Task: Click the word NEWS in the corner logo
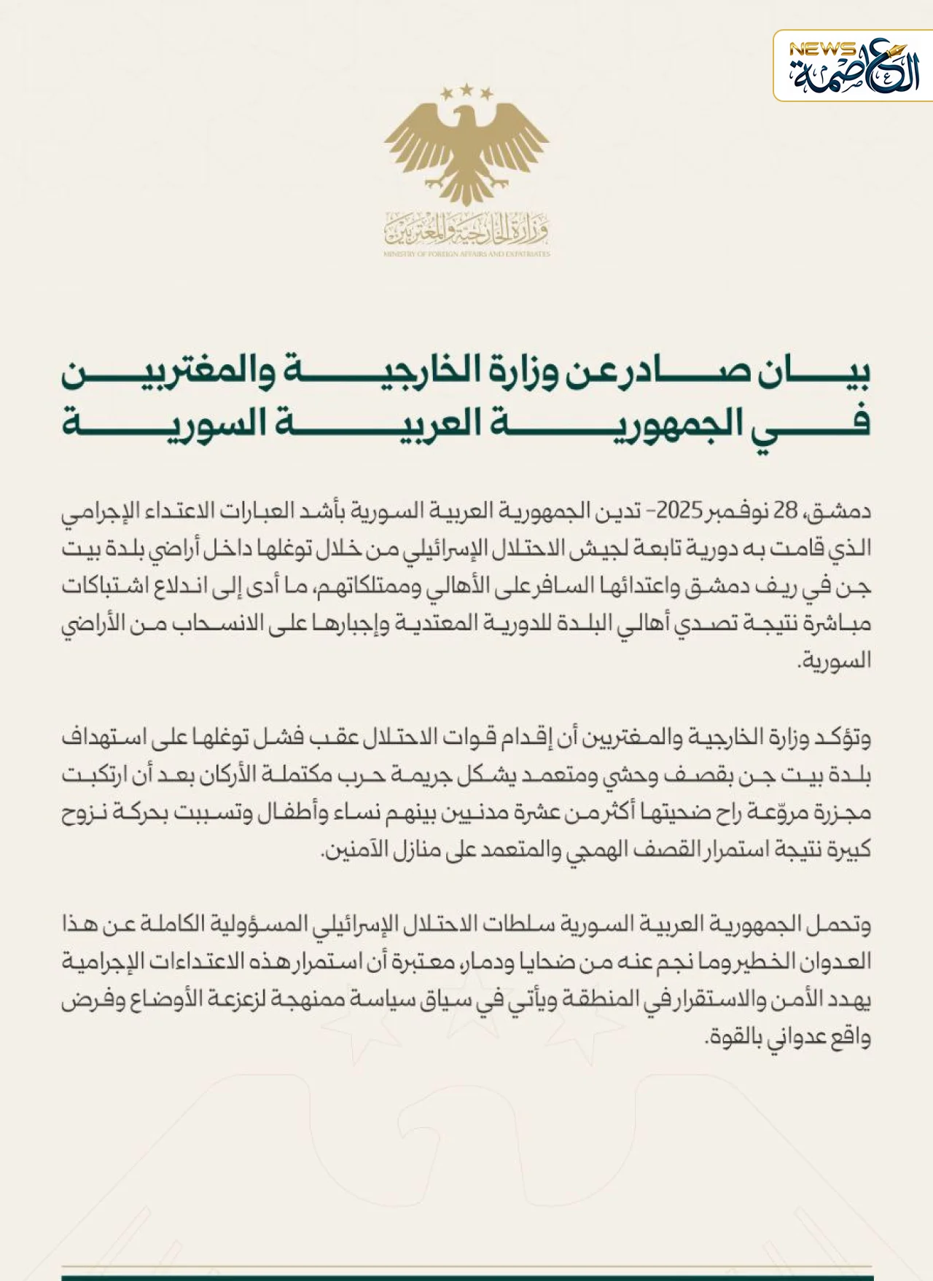(822, 50)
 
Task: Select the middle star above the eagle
(466, 89)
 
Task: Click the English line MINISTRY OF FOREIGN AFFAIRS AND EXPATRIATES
(466, 254)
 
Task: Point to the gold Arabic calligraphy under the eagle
(466, 227)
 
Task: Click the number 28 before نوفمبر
(786, 510)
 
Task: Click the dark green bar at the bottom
(466, 1277)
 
